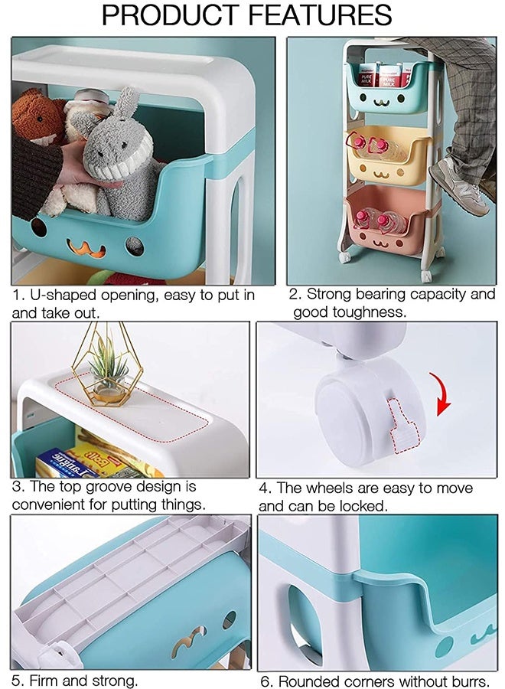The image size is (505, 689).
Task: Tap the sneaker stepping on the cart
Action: [458, 188]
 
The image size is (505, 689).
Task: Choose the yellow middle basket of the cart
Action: [386, 153]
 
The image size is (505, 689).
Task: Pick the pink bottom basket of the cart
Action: [387, 222]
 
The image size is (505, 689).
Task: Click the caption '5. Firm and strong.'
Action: [74, 680]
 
